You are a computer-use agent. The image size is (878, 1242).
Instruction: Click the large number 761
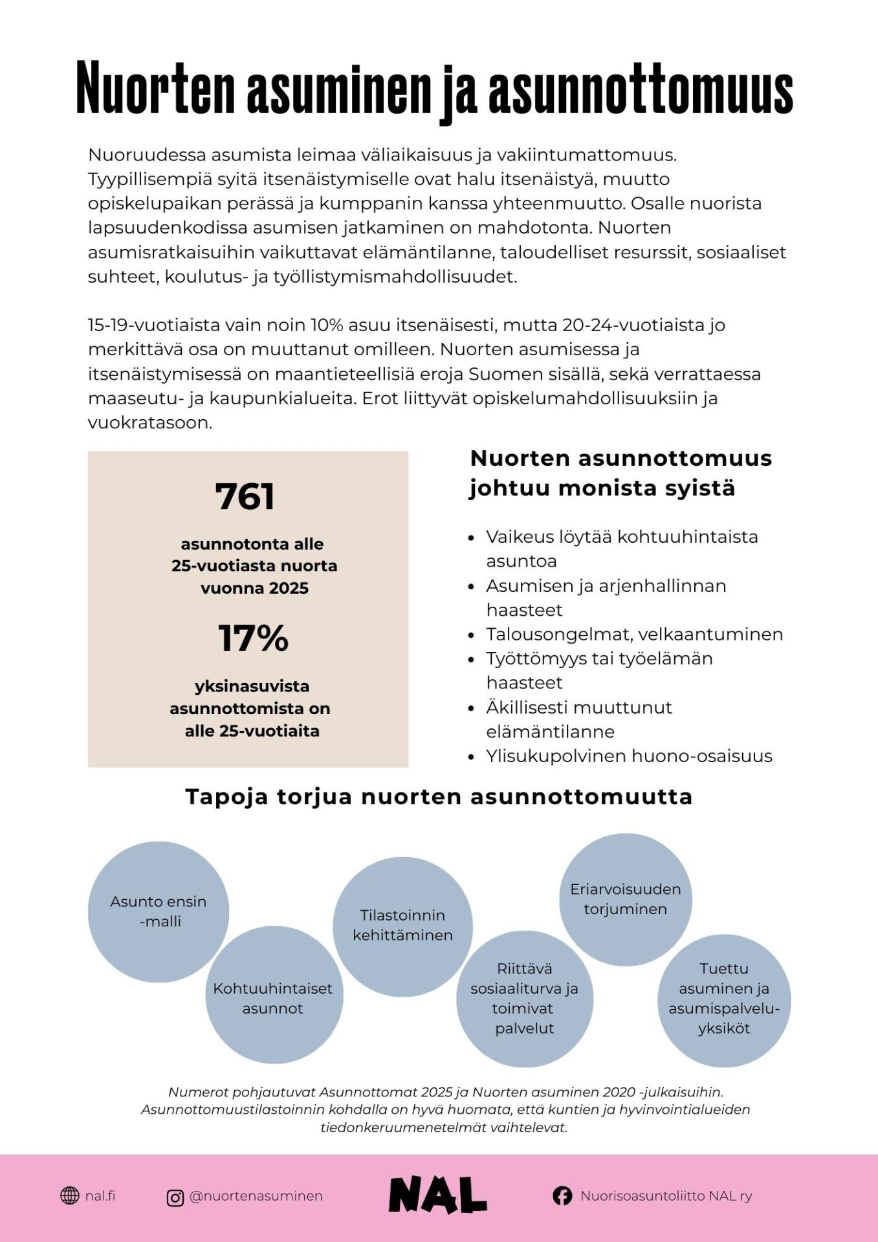(x=245, y=497)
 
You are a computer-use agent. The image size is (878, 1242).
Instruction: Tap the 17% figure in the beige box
(x=253, y=638)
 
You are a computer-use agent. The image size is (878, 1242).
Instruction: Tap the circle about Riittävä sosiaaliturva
(x=524, y=998)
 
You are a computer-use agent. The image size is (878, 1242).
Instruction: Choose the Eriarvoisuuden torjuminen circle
(x=625, y=899)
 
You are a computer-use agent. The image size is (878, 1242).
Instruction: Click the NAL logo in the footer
(x=437, y=1195)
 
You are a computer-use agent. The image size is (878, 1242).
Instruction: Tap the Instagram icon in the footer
(x=175, y=1197)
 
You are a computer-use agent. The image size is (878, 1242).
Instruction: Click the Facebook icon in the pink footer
(x=562, y=1196)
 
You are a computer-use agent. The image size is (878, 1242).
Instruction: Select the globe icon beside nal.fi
(x=69, y=1196)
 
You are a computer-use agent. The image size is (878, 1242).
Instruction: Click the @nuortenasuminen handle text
(x=256, y=1196)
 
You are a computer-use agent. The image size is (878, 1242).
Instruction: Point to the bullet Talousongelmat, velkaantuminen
(x=634, y=634)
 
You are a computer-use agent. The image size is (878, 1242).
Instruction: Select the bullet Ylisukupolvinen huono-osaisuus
(x=629, y=756)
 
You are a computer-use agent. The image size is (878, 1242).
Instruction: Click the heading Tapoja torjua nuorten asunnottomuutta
(x=439, y=796)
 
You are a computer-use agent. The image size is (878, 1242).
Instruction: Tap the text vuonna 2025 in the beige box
(x=254, y=588)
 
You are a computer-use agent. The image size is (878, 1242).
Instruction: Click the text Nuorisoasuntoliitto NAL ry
(x=666, y=1196)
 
